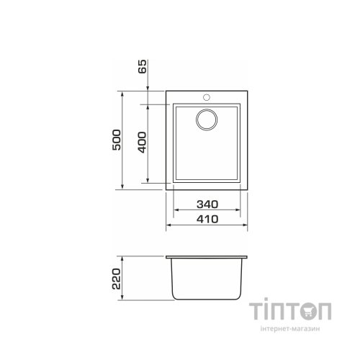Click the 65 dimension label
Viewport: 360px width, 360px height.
click(x=142, y=66)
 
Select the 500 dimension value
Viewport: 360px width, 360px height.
click(x=117, y=140)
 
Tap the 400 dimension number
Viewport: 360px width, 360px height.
click(x=142, y=142)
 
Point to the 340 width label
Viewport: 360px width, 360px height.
click(x=207, y=204)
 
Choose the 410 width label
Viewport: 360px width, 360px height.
click(x=207, y=219)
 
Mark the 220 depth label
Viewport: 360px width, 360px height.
click(x=117, y=279)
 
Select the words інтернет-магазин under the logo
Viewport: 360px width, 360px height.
click(x=290, y=328)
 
